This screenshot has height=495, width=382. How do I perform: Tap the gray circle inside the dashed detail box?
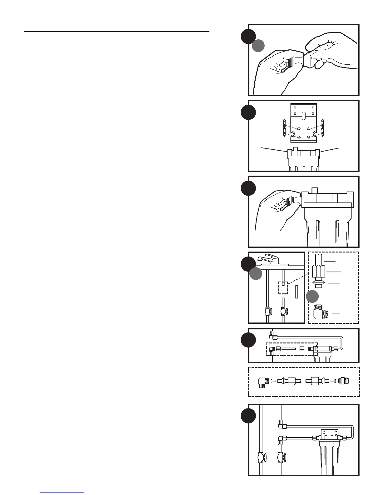point(312,297)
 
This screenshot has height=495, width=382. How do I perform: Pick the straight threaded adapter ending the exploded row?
point(344,381)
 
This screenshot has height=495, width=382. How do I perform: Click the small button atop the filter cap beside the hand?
point(315,190)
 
